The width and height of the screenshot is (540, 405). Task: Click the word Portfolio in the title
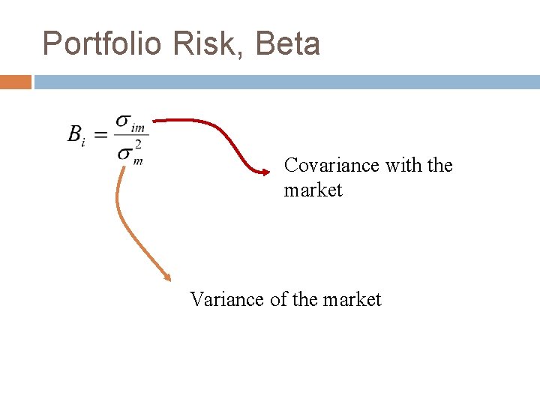(102, 44)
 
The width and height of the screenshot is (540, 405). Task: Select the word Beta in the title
(288, 44)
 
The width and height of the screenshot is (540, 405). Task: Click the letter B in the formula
(75, 134)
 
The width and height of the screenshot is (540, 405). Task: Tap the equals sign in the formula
(100, 135)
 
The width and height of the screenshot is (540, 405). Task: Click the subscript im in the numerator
(138, 127)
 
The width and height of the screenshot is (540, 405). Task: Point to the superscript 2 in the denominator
(137, 145)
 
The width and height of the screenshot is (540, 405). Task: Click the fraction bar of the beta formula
(130, 136)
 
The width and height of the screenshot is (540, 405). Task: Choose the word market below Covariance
(313, 190)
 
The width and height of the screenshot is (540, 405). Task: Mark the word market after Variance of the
(352, 299)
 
